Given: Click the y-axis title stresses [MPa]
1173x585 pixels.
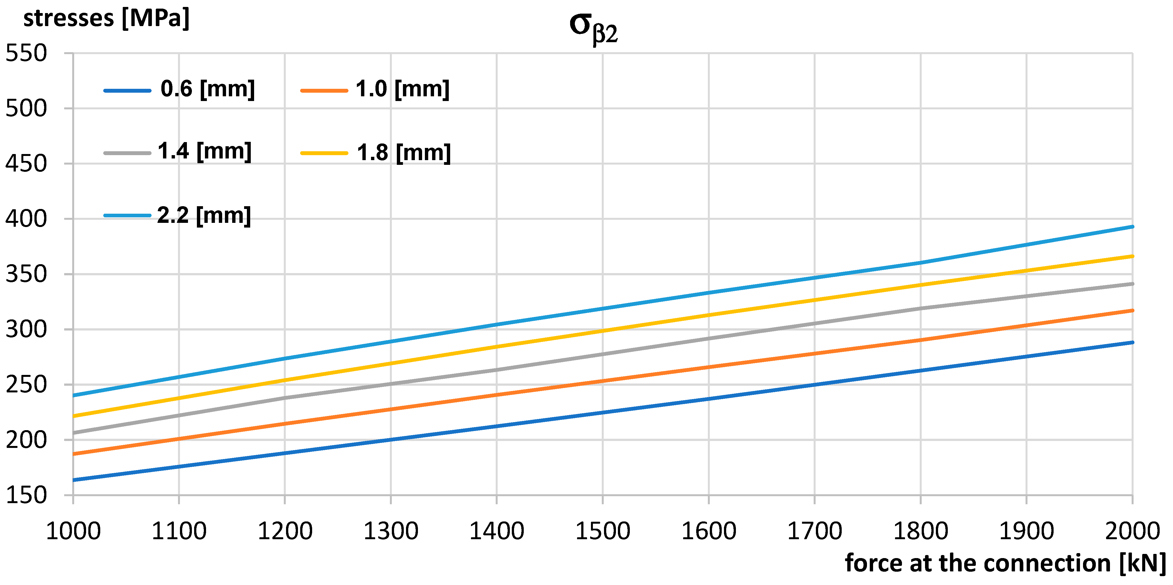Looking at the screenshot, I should pyautogui.click(x=106, y=19).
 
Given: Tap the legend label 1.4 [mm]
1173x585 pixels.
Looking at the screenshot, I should pyautogui.click(x=204, y=151).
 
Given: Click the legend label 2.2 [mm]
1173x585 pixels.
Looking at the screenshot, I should pyautogui.click(x=204, y=215).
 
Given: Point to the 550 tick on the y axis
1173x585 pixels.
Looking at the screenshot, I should pyautogui.click(x=26, y=53).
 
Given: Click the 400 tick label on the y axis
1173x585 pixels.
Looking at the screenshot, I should pyautogui.click(x=26, y=219).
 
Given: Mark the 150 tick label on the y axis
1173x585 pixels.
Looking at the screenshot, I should pyautogui.click(x=26, y=495).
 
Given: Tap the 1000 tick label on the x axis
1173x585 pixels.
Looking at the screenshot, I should pyautogui.click(x=73, y=531).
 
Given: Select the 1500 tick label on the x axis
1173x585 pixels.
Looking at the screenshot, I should pyautogui.click(x=602, y=531).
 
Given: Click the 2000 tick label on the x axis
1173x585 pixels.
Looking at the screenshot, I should pyautogui.click(x=1132, y=531).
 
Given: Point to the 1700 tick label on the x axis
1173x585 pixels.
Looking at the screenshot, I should pyautogui.click(x=814, y=531).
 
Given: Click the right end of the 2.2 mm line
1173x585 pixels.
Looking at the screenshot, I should pyautogui.click(x=1132, y=226).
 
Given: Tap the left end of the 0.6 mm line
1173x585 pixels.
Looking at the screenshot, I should pyautogui.click(x=74, y=480).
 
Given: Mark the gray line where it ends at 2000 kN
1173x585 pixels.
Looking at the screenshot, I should pyautogui.click(x=1132, y=284).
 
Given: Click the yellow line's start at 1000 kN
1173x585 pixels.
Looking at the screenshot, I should pyautogui.click(x=74, y=416).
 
